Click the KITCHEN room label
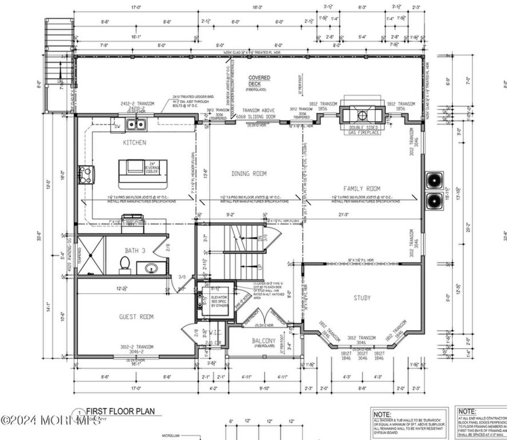[135, 143]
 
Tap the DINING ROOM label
[249, 173]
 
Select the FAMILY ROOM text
[362, 189]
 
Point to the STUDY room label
[362, 297]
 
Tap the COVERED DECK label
[260, 81]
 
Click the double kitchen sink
[136, 125]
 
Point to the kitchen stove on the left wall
[84, 175]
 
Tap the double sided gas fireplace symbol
[359, 114]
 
